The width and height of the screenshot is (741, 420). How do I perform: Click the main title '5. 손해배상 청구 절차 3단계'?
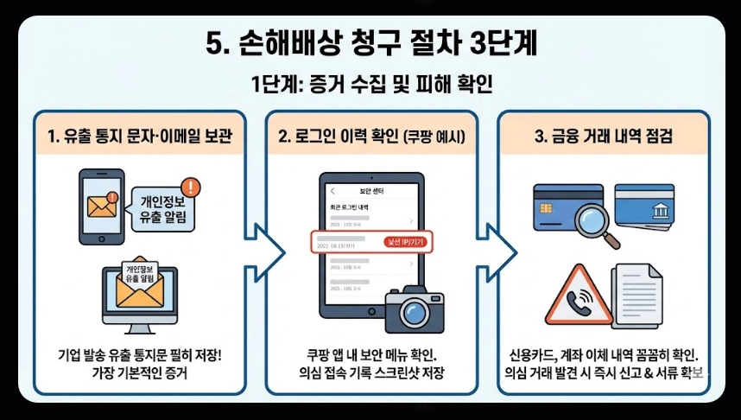pos(370,44)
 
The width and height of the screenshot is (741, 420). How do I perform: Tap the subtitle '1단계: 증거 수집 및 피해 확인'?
pos(370,86)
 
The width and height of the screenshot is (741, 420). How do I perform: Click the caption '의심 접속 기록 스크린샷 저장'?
pos(371,373)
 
